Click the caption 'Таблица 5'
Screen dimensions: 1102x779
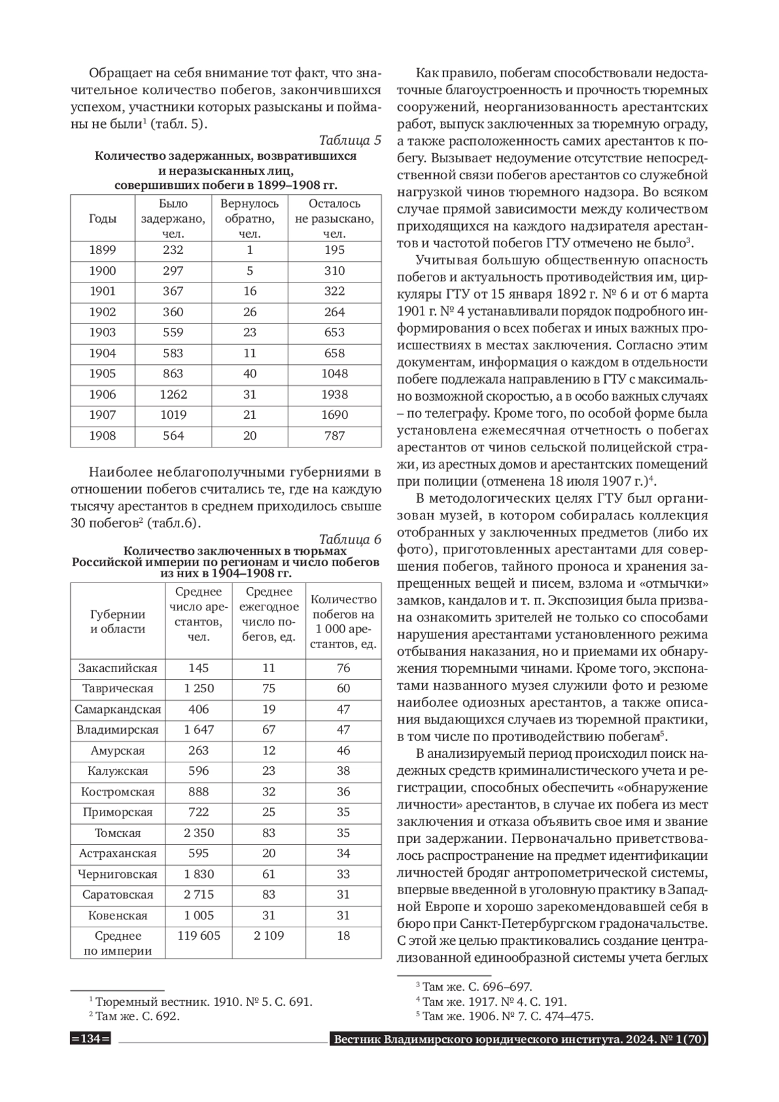(350, 141)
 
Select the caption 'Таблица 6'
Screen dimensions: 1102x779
(350, 539)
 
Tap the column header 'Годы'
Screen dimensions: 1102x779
(103, 219)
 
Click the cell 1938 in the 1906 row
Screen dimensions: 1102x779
(334, 394)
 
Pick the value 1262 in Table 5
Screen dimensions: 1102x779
(173, 394)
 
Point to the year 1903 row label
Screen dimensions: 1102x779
(103, 332)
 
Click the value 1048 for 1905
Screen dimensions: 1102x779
(334, 373)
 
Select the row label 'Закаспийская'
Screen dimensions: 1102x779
(117, 668)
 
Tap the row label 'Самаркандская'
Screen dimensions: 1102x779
(117, 709)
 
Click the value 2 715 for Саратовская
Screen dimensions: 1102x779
(199, 894)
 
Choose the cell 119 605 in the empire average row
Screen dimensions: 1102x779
(199, 936)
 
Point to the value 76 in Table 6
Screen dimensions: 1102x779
(343, 668)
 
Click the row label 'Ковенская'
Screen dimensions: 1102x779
(117, 916)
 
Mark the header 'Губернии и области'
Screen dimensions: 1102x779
(117, 621)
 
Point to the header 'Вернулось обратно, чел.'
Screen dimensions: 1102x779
(250, 219)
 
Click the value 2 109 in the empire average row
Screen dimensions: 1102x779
(269, 936)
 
